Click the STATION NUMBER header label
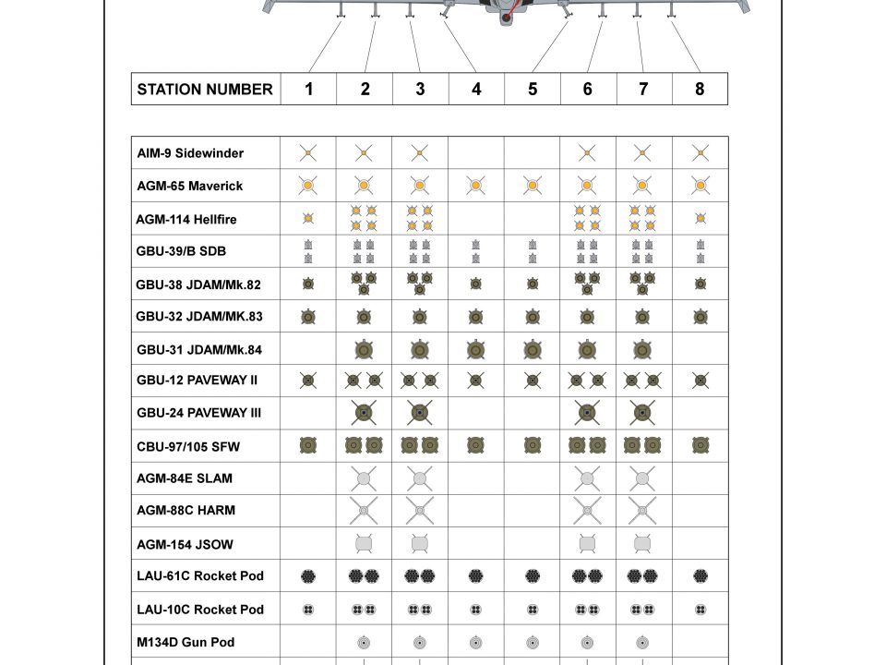(205, 90)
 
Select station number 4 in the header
(476, 90)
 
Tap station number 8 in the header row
(700, 90)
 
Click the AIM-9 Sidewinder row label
(190, 153)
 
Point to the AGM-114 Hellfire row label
(186, 219)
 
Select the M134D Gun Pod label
(186, 642)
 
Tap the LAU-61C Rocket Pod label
(200, 576)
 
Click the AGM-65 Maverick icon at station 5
(533, 186)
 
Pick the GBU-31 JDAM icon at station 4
(476, 350)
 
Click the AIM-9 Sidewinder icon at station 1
(308, 153)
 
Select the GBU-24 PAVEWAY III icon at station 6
(587, 412)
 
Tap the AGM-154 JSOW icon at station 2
(364, 544)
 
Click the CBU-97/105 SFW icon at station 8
(700, 446)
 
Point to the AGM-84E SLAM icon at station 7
(642, 478)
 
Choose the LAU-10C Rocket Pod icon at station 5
(533, 610)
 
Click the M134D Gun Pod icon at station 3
(420, 642)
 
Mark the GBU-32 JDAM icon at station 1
(308, 317)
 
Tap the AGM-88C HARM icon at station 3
(420, 511)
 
